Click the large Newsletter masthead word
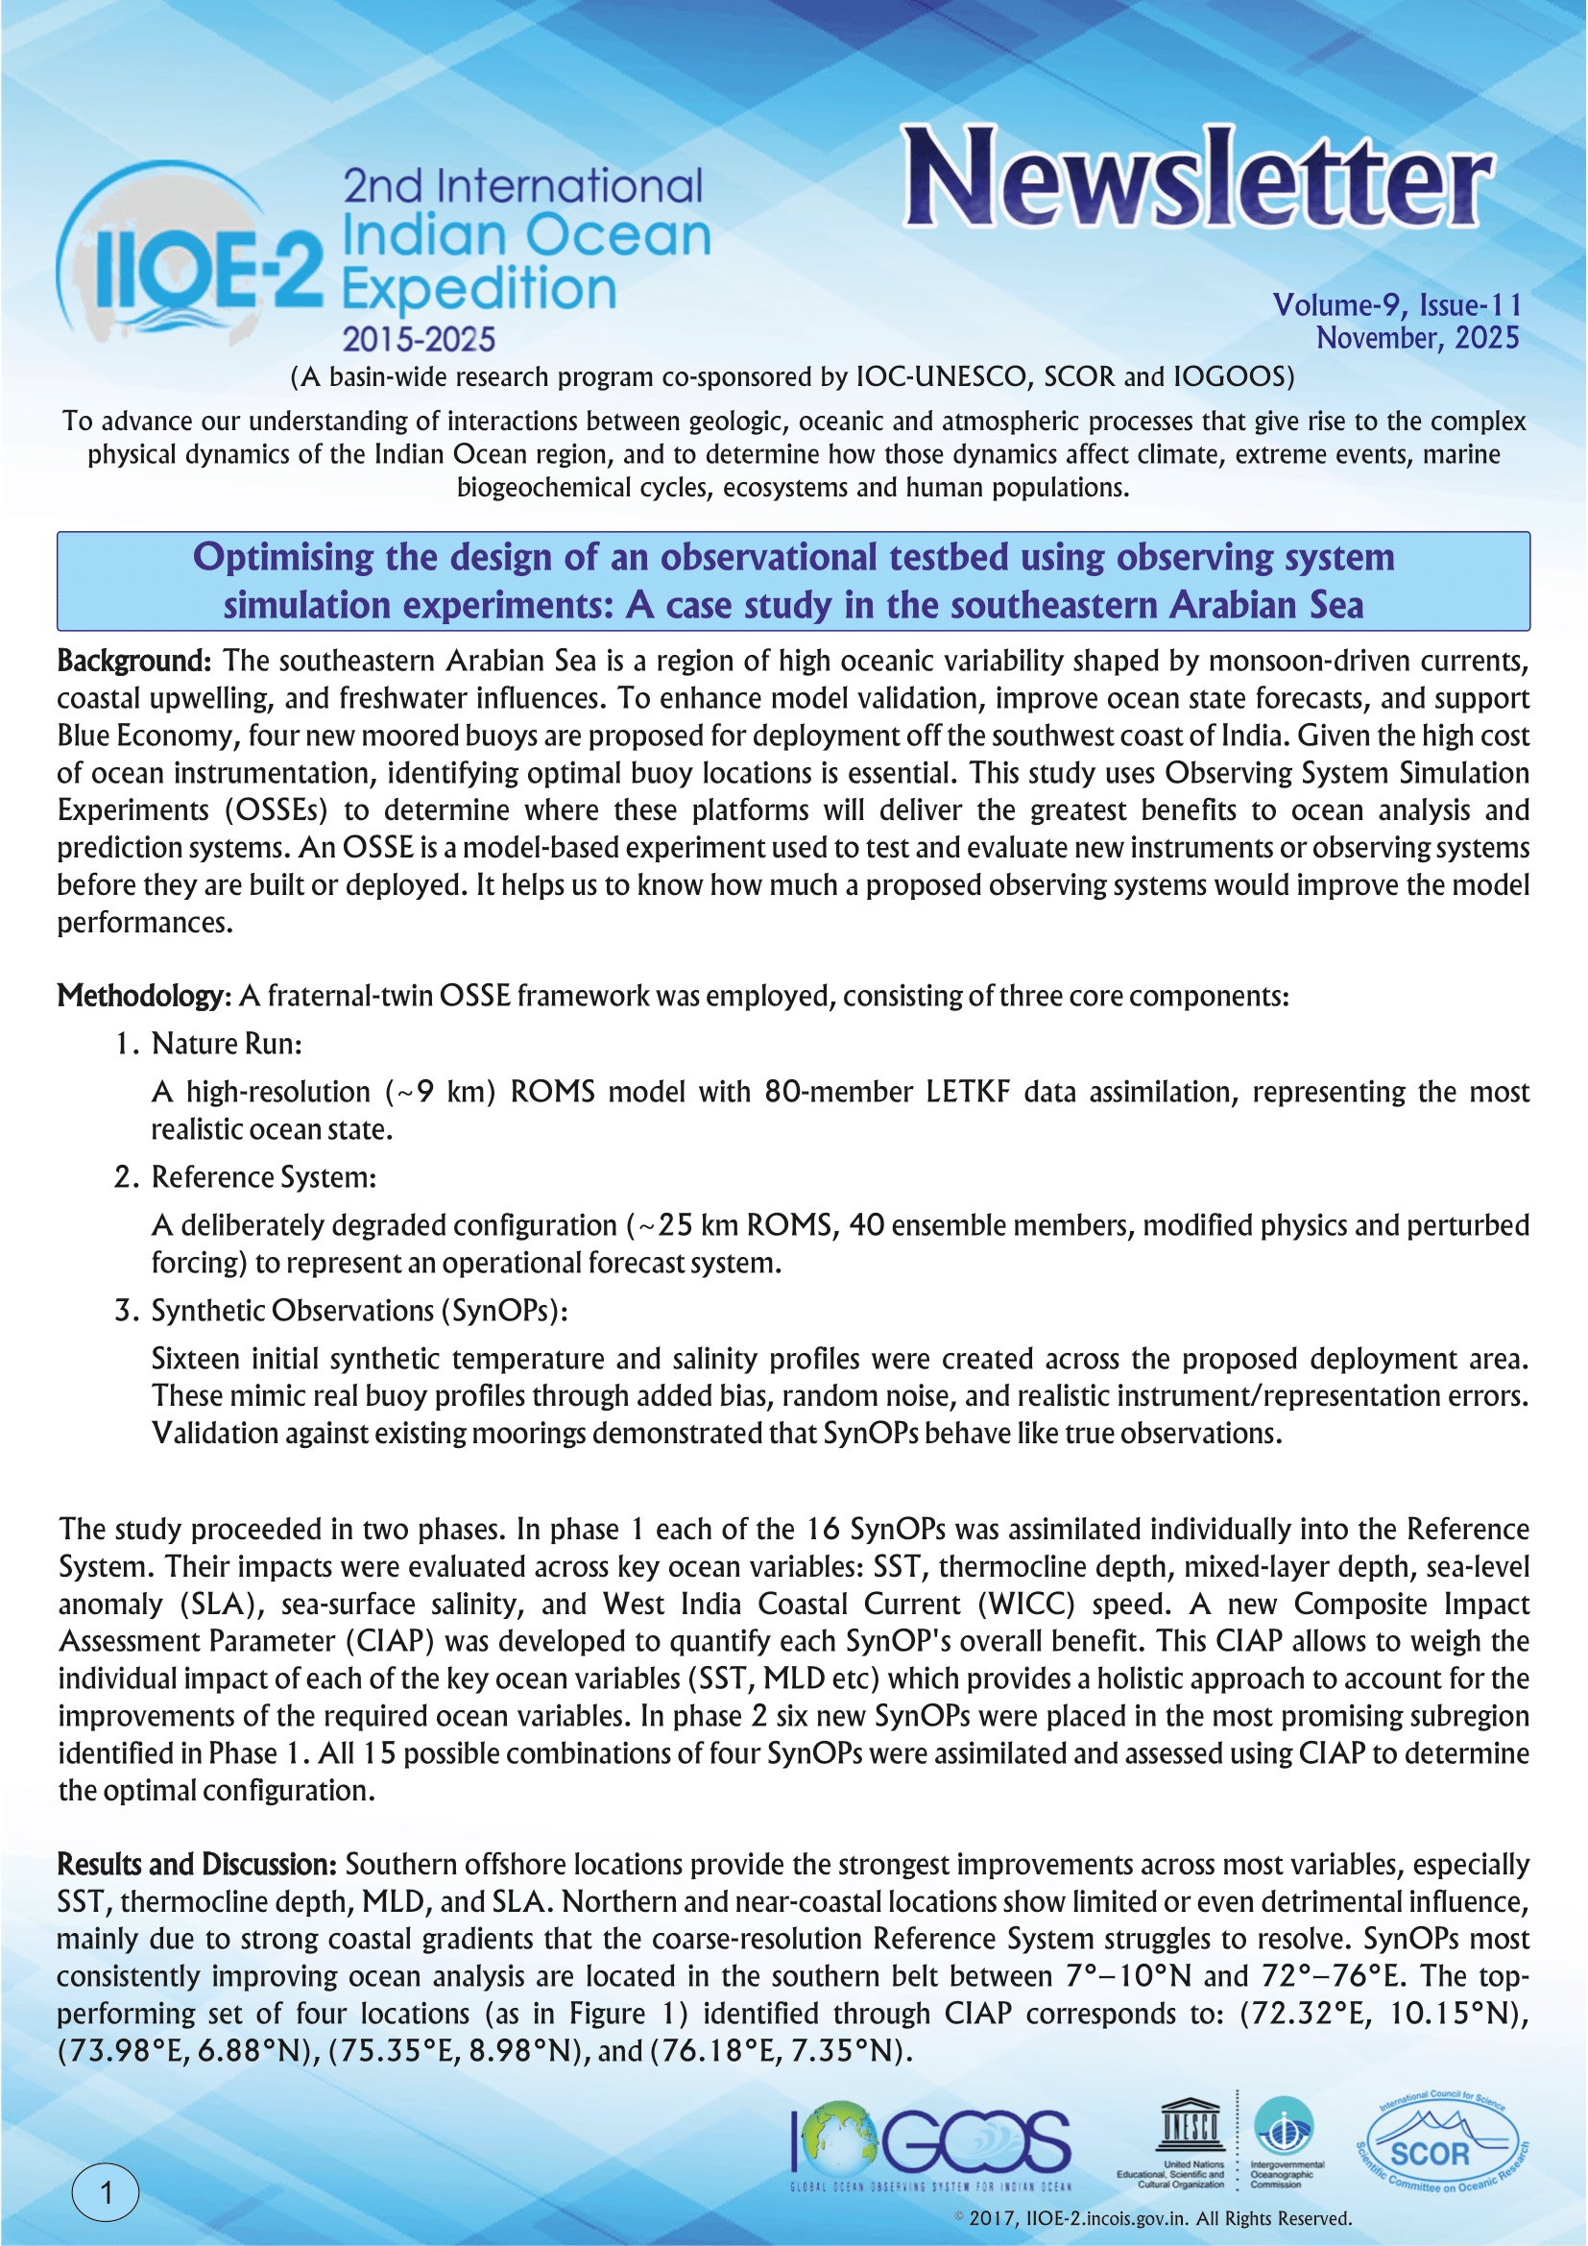tap(1197, 178)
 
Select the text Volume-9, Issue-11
tap(1396, 305)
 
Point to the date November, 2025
tap(1417, 338)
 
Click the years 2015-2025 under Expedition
tap(419, 339)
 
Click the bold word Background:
tap(134, 662)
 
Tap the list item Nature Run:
tap(226, 1044)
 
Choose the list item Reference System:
tap(263, 1177)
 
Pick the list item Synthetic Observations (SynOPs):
tap(359, 1311)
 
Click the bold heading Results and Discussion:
tap(197, 1865)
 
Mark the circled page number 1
tap(106, 2191)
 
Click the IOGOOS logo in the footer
tap(931, 2142)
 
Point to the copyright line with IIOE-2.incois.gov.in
tap(1154, 2218)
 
